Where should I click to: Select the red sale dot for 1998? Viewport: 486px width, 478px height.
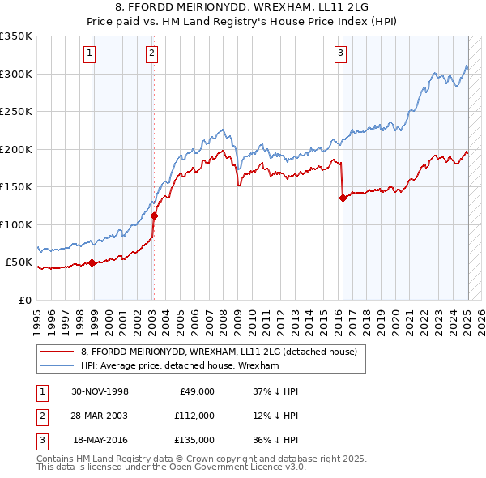tap(92, 262)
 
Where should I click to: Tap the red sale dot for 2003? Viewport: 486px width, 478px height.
tap(154, 216)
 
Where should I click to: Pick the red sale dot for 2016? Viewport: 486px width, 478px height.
tap(343, 197)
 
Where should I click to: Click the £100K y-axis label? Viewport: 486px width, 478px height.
tap(16, 224)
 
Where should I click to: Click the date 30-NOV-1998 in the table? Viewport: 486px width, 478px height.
tap(100, 391)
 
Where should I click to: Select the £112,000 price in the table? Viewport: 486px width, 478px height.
tap(194, 416)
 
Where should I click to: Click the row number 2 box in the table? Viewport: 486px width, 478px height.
tap(40, 416)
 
